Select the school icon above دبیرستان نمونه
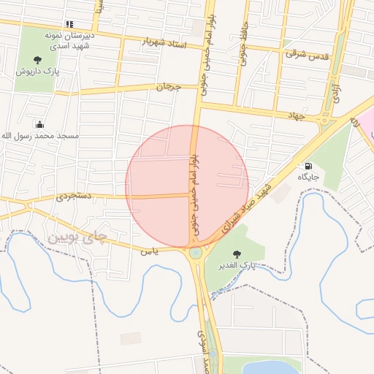coord(69,24)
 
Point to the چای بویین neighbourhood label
coord(77,237)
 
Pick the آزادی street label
coord(337,91)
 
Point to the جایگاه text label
coord(308,177)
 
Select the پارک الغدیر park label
coord(237,264)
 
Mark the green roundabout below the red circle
coord(196,253)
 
